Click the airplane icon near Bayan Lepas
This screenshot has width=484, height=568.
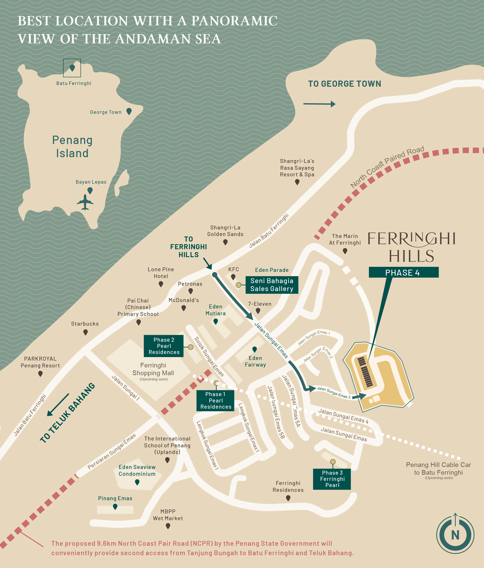click(85, 202)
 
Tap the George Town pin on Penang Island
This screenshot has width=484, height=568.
click(129, 111)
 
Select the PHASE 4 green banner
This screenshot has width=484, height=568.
click(403, 272)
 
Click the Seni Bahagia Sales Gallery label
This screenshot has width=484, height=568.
click(272, 285)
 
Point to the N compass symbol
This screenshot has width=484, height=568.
click(455, 535)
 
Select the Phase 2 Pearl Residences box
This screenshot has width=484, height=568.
click(164, 346)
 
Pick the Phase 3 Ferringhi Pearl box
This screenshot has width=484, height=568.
click(332, 479)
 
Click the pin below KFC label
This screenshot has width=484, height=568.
click(233, 277)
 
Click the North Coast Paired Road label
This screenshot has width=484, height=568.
click(387, 167)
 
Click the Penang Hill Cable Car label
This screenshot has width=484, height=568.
click(438, 468)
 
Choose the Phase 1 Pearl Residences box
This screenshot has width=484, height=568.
click(216, 400)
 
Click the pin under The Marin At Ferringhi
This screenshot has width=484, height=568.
click(345, 251)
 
